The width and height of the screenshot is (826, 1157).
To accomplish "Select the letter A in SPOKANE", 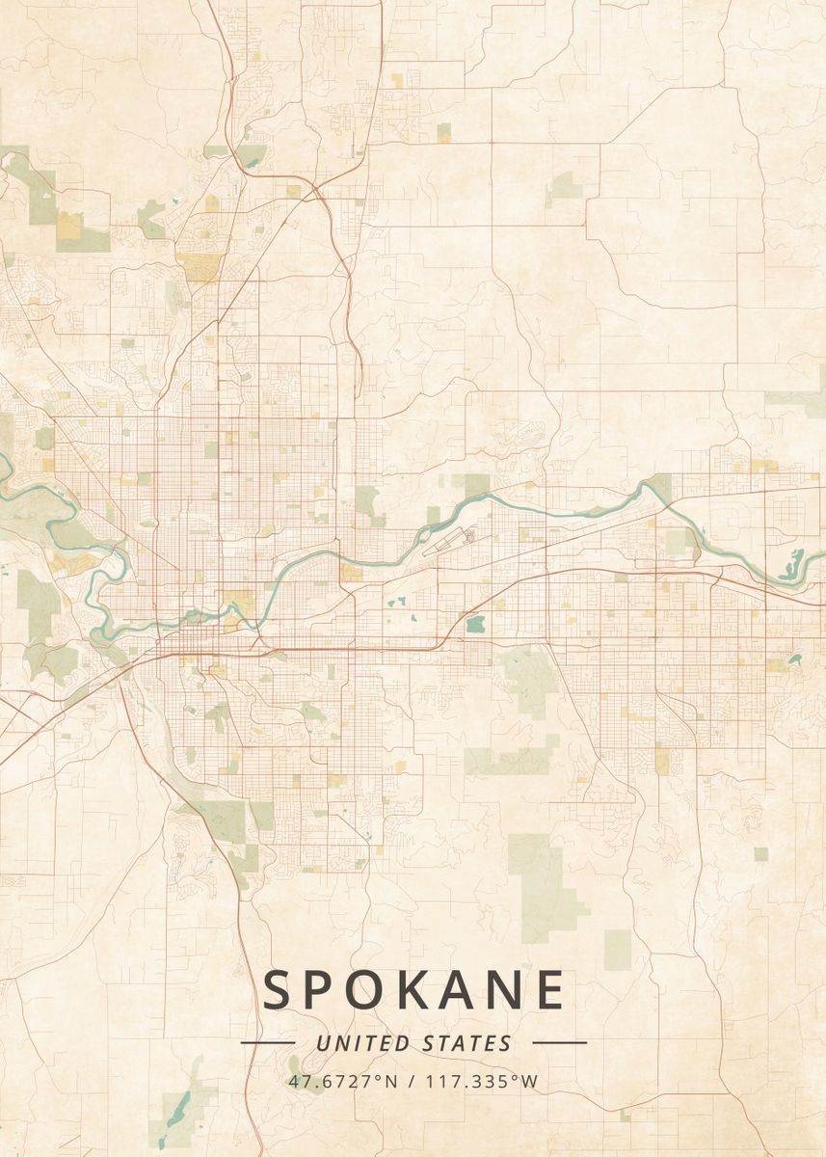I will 460,990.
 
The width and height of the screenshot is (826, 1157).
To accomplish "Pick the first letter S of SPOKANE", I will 280,990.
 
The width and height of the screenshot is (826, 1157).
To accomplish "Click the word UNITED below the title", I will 362,1043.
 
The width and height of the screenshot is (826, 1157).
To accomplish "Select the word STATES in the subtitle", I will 466,1043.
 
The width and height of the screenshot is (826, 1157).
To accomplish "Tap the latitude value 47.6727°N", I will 342,1082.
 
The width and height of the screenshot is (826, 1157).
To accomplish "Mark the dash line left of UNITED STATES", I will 268,1042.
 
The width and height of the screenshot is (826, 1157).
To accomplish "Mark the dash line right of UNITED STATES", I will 559,1042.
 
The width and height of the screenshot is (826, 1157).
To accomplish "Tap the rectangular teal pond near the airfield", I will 474,624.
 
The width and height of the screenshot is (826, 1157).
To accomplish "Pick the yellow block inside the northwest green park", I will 69,226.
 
